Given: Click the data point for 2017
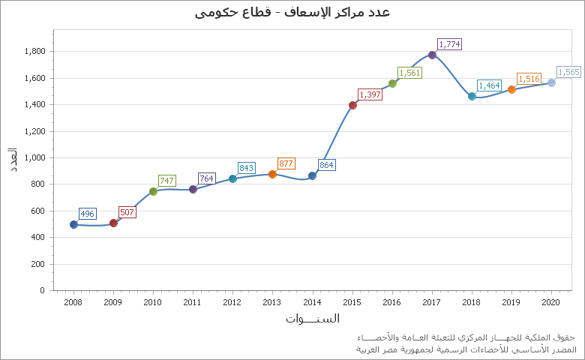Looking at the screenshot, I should (x=432, y=55).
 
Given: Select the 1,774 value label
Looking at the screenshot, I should (x=449, y=44).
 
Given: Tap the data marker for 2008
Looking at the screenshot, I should (x=73, y=224).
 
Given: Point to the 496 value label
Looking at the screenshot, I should (x=87, y=214).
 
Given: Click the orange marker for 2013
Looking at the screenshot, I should (x=272, y=174).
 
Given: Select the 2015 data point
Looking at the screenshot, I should (x=352, y=105).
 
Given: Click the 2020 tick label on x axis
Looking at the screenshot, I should (x=551, y=301).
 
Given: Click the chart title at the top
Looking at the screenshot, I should (x=292, y=12).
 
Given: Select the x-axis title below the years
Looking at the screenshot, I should (x=312, y=318).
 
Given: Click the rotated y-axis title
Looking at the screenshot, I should (x=13, y=160).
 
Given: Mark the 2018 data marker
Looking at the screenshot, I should (x=472, y=96).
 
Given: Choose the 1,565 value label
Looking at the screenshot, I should (x=568, y=72).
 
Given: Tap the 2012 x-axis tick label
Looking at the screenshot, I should (x=232, y=301).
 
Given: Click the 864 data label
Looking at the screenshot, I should (x=326, y=165).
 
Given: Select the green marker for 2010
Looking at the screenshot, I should (x=153, y=191).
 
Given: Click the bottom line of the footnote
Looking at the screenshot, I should (x=466, y=349).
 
